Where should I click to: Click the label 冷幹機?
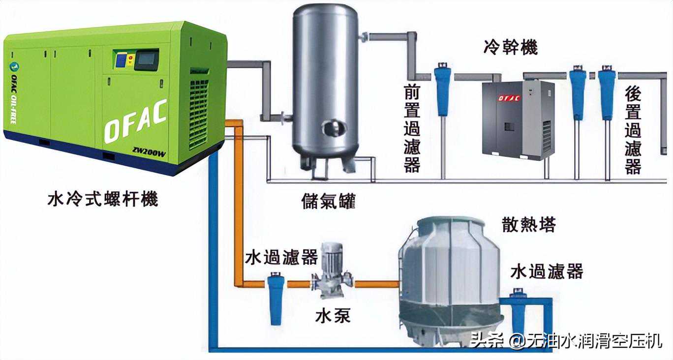coord(511,47)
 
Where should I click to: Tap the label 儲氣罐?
coord(329,201)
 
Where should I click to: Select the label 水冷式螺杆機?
coord(103,199)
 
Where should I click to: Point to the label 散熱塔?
coord(529,224)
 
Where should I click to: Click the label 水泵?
coord(333,316)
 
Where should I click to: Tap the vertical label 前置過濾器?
coord(412,128)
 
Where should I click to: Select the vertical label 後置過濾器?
coord(633,130)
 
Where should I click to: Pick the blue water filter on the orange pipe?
coord(276,299)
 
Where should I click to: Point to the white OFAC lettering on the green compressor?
coord(136,121)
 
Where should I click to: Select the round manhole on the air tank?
coord(334,128)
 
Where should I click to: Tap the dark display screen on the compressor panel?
coord(146,60)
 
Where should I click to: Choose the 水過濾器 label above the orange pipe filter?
coord(281,257)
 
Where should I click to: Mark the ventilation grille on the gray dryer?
coord(547,136)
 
